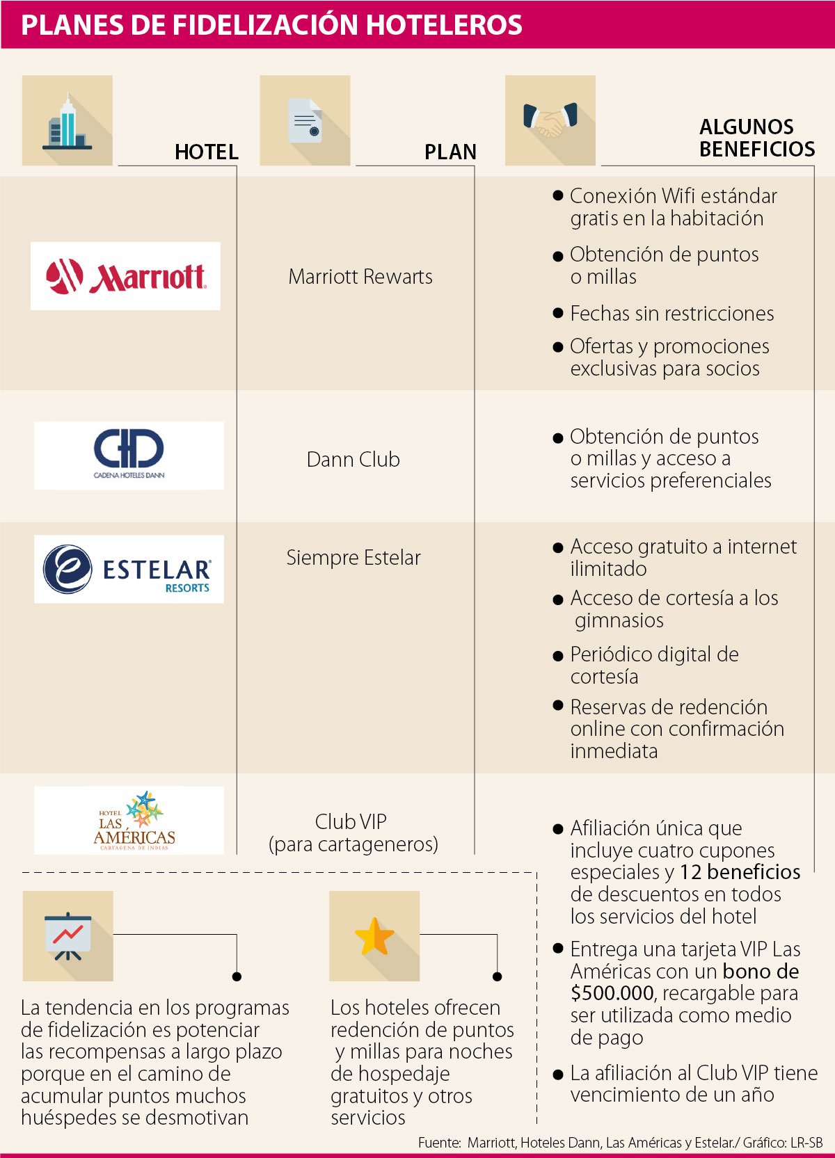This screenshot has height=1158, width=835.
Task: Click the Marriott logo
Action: click(125, 276)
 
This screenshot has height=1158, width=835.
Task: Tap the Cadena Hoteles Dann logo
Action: click(129, 455)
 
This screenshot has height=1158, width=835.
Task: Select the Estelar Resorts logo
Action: click(129, 569)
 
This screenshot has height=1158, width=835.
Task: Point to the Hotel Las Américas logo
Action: click(129, 820)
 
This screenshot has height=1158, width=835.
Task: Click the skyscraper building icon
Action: click(67, 121)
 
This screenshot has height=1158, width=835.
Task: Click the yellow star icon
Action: click(374, 936)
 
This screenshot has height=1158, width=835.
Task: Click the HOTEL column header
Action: click(206, 152)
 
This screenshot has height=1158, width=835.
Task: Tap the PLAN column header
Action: click(450, 152)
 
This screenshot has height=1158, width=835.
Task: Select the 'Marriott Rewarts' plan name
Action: click(360, 277)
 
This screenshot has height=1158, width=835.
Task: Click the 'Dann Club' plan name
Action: click(353, 460)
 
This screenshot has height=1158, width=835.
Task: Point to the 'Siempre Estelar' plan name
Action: click(353, 558)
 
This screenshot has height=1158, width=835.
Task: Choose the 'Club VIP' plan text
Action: click(351, 822)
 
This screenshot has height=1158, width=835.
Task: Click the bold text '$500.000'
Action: click(612, 993)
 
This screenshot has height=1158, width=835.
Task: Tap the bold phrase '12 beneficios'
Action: click(740, 872)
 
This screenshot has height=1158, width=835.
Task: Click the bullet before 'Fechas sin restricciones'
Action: click(557, 313)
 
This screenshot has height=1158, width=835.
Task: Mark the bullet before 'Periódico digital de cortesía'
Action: click(557, 655)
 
